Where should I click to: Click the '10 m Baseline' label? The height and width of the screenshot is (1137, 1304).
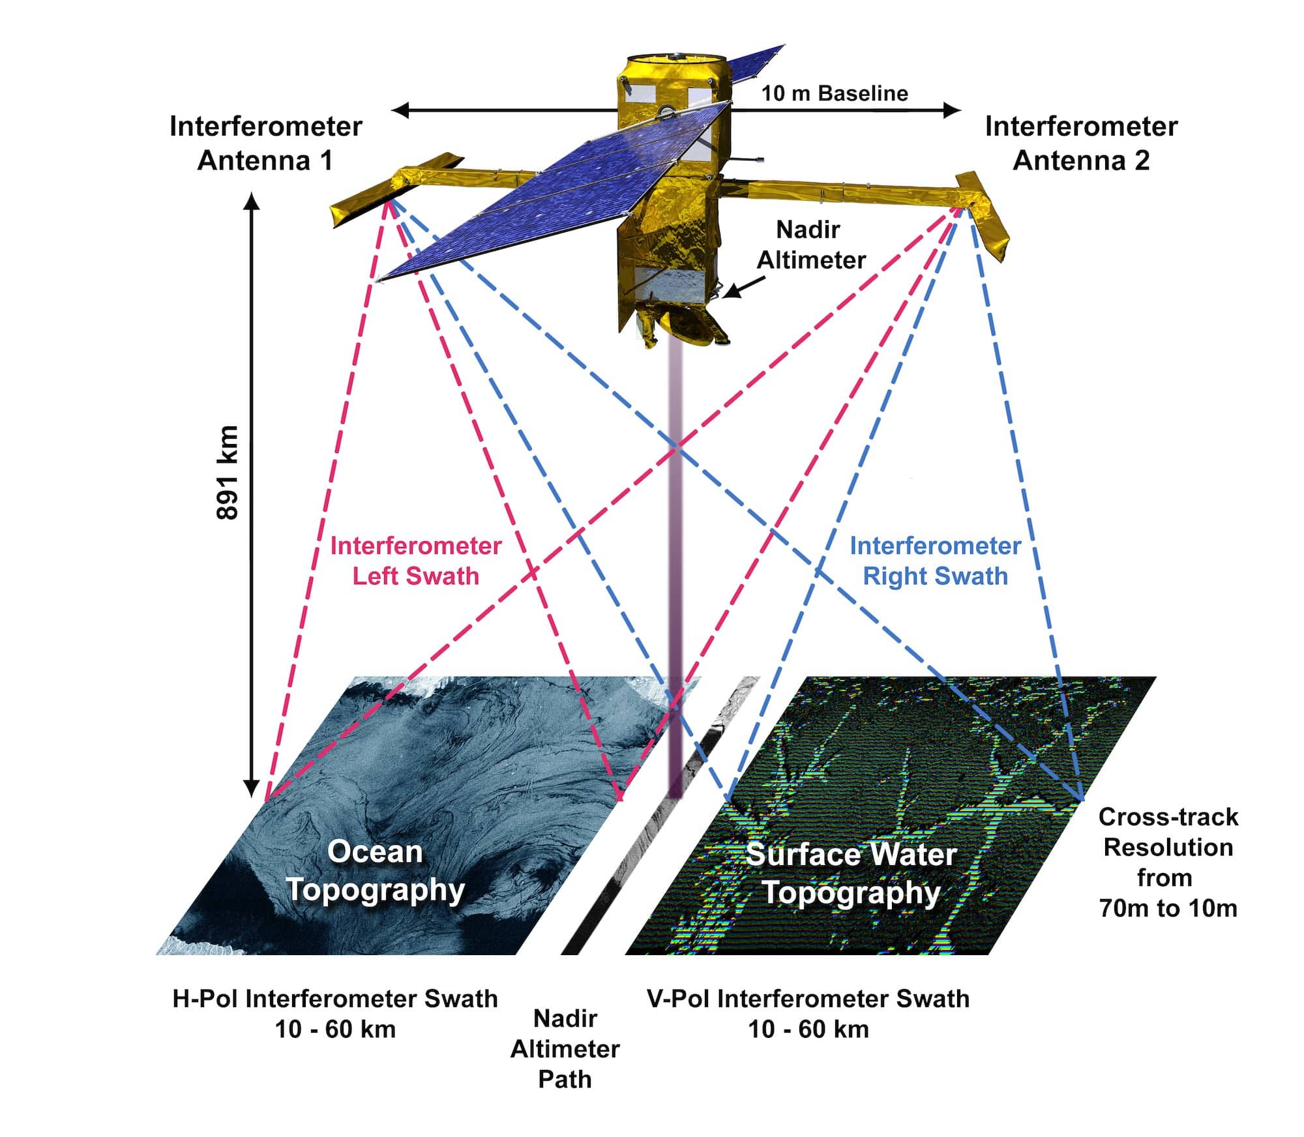[835, 94]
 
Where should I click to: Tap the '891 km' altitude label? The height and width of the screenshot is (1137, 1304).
[228, 472]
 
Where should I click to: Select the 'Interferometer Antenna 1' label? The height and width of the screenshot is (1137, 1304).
[265, 143]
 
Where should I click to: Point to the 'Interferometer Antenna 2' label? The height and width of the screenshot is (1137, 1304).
[1081, 143]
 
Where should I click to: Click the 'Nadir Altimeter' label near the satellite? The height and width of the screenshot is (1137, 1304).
[810, 245]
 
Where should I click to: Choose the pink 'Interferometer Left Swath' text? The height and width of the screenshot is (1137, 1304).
[415, 561]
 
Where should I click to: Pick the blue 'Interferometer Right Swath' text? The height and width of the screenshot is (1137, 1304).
[935, 561]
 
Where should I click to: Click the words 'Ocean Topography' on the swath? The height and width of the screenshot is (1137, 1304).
[376, 870]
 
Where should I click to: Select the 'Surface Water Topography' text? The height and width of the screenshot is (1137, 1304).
[851, 873]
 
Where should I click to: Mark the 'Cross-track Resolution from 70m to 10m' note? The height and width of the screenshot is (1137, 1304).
[1168, 862]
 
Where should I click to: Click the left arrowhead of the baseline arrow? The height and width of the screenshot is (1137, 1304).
[399, 110]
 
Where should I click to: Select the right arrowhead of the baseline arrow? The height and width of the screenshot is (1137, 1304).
[953, 110]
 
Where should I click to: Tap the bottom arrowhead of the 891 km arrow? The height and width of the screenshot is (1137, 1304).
[252, 790]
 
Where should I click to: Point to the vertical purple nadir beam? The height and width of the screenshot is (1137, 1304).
[675, 554]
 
